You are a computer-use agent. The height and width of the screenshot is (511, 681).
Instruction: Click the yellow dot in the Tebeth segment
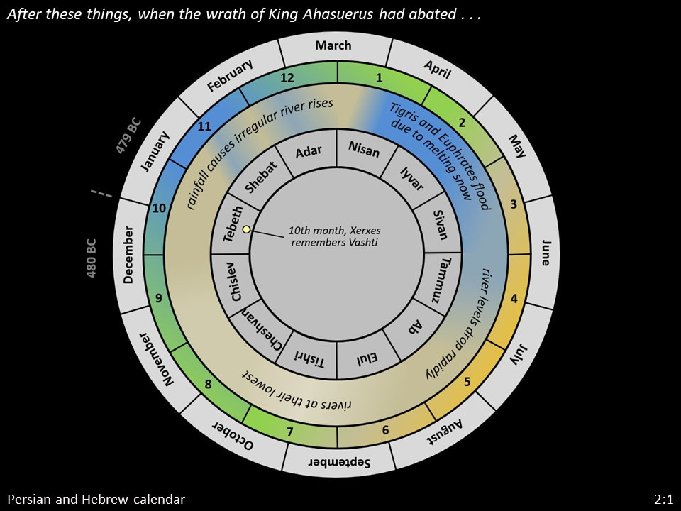coord(246,229)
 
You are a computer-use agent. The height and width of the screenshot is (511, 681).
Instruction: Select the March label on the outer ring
coord(333,45)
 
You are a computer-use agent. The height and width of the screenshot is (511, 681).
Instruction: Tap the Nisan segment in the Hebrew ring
coord(364,148)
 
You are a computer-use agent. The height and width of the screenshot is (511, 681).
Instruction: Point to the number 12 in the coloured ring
coord(287,78)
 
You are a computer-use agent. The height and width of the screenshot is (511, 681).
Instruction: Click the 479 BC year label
coord(128,136)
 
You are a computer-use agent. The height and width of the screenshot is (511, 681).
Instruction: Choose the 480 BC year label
coord(92,258)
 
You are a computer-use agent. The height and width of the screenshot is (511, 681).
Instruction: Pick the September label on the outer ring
coord(340,462)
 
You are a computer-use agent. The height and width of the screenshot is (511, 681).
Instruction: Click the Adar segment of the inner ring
coord(309,152)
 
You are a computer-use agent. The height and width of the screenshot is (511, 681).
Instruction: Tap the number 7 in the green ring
coord(289,432)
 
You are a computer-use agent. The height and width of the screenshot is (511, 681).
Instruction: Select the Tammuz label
coord(441,280)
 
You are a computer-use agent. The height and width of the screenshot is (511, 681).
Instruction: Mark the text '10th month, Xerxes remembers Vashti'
coord(334,236)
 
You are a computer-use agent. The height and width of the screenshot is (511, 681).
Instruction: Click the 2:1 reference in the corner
coord(664,499)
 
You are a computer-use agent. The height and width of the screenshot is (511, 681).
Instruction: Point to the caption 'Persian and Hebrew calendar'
coord(96,499)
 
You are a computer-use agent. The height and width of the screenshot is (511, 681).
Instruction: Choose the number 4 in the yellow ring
coord(514,299)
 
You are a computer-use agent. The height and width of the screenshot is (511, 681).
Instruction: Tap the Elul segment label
coord(367,358)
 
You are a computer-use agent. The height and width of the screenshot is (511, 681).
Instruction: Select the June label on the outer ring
coord(546,253)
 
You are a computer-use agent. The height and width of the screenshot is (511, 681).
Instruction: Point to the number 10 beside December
coord(158,208)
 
